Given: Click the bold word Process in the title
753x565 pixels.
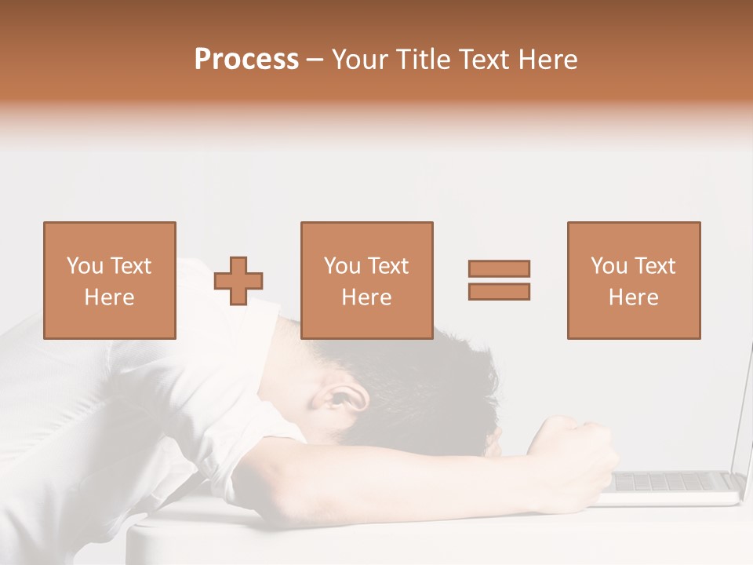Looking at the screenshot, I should point(246,60).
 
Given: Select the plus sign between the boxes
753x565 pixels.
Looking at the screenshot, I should point(239,281).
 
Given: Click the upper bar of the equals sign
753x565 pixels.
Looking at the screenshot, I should point(499,268).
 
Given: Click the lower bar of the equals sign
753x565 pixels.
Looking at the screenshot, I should point(499,292).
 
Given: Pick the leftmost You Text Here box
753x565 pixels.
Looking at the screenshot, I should point(109,280).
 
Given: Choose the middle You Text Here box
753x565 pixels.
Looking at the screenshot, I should point(366,280).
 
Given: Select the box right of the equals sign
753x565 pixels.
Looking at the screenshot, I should point(633,280).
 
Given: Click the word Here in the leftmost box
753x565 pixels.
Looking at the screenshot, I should point(109,297).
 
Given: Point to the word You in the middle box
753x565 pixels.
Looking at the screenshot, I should point(342,266).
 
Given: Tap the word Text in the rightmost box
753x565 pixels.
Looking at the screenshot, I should point(654,266).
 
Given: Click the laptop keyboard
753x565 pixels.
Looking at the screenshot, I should point(675,481).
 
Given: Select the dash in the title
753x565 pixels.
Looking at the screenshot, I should point(315,60).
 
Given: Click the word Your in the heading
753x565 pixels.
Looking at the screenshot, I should point(360,60).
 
